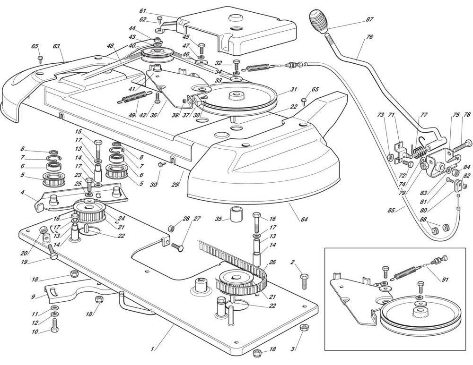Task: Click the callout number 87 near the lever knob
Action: click(369, 19)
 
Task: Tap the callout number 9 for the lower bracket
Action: click(33, 297)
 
